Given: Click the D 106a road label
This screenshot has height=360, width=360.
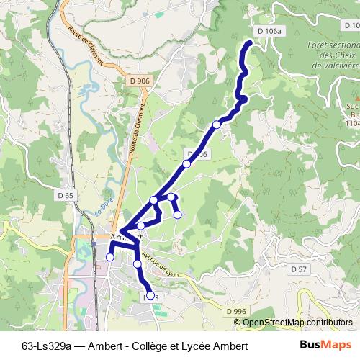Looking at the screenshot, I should pyautogui.click(x=269, y=31).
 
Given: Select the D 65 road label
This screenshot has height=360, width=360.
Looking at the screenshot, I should pyautogui.click(x=65, y=195).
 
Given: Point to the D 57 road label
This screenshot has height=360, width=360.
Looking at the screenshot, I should pyautogui.click(x=299, y=269).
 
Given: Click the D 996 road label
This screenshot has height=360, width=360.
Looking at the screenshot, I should pyautogui.click(x=235, y=310).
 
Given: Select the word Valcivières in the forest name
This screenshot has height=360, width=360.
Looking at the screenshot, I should pyautogui.click(x=336, y=64).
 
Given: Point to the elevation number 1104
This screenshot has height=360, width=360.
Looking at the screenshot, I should pyautogui.click(x=352, y=123).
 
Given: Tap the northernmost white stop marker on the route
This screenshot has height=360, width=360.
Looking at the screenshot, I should pyautogui.click(x=217, y=125).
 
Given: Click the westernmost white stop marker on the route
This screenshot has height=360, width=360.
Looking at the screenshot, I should pyautogui.click(x=110, y=257).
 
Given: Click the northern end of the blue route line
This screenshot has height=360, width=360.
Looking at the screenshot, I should pyautogui.click(x=250, y=45).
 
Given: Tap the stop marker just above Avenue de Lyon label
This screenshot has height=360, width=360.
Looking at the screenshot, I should pyautogui.click(x=138, y=265).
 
